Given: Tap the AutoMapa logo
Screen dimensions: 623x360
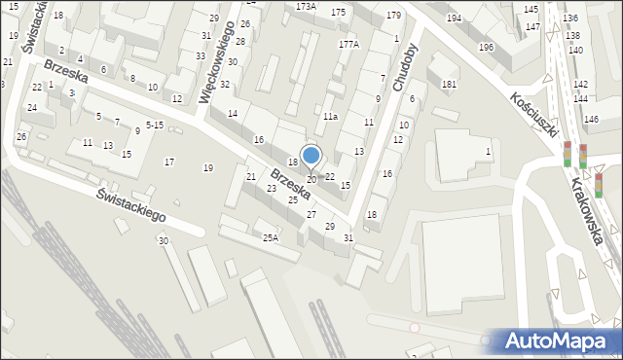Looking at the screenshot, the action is tap(561, 341).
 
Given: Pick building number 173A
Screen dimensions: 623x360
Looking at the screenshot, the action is tap(306, 6).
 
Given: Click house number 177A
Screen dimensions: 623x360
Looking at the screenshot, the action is tap(348, 45).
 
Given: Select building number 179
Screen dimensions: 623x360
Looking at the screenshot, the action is tap(393, 16).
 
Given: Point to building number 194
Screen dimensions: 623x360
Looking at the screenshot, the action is tap(454, 18).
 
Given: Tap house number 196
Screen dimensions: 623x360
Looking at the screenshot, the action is tap(486, 48).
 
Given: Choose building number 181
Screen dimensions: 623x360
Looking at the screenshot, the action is tap(448, 85).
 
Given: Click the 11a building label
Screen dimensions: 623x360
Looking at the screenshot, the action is tap(330, 117).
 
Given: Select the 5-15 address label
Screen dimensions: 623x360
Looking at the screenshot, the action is tap(154, 125).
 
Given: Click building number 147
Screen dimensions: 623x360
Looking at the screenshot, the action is tap(532, 26).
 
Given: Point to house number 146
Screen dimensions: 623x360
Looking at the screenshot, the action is tap(591, 119).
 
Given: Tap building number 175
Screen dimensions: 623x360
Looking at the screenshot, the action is tap(338, 12).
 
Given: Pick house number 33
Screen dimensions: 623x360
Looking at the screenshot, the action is tap(200, 55).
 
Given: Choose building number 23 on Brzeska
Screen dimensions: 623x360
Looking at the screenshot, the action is tap(272, 188).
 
